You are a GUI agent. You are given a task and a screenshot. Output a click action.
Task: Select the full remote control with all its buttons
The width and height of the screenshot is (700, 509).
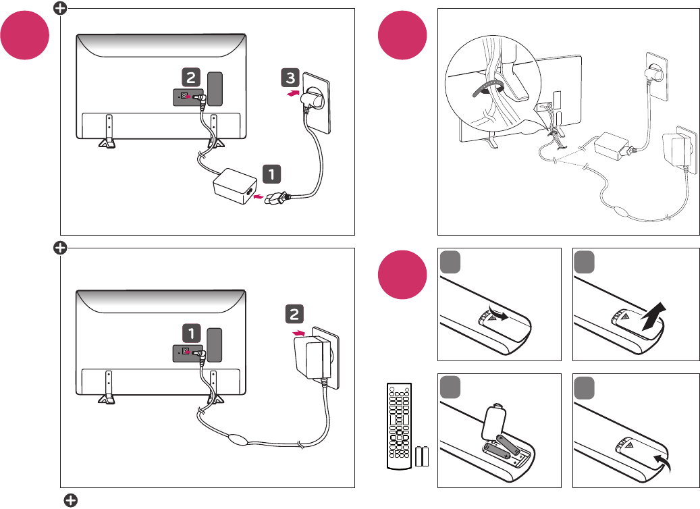coord(398,425)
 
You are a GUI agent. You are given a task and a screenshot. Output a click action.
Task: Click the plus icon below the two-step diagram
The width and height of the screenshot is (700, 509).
coord(70,500)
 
